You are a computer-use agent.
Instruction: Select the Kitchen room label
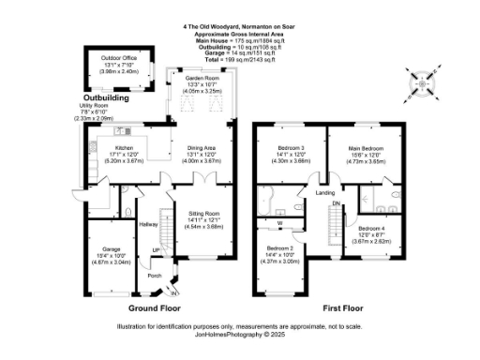click(x=126, y=148)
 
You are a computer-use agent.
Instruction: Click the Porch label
click(x=154, y=275)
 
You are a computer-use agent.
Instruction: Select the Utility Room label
click(x=94, y=106)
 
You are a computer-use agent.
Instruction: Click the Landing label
click(x=324, y=193)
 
